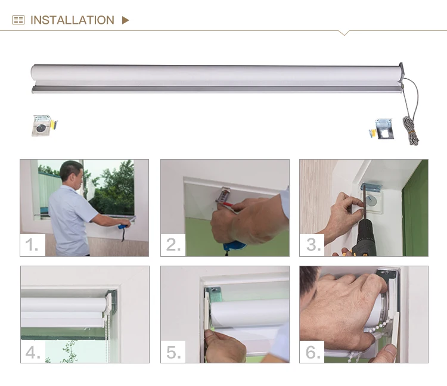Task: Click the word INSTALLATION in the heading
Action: click(x=72, y=20)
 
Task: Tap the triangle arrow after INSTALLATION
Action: click(x=125, y=20)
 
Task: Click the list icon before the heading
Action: click(x=18, y=20)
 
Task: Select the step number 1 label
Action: click(x=32, y=244)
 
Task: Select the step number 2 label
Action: click(x=173, y=244)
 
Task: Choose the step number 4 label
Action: click(x=33, y=353)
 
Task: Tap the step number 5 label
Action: click(x=173, y=353)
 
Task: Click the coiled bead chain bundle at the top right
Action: click(x=411, y=130)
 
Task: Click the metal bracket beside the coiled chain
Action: click(x=384, y=129)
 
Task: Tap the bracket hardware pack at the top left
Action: click(x=44, y=125)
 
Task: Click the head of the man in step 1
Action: click(x=72, y=172)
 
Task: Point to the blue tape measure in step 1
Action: click(x=124, y=226)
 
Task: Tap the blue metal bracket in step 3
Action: click(x=371, y=188)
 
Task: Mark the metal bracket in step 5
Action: click(x=214, y=294)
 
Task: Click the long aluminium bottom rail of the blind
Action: click(x=217, y=89)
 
